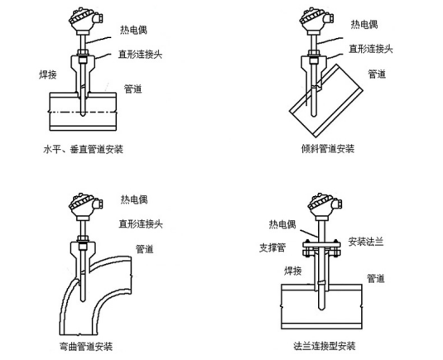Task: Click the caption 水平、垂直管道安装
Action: point(83,149)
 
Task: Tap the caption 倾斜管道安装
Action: point(328,148)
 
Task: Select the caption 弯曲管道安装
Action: point(86,346)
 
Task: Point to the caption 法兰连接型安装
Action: point(325,346)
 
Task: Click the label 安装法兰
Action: point(366,242)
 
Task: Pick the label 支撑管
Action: point(272,247)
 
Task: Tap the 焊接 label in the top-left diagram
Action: point(48,74)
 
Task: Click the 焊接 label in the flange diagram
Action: point(293,271)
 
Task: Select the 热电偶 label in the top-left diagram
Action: point(133,30)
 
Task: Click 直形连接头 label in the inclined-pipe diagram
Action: point(371,49)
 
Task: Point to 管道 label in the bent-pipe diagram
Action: point(144,249)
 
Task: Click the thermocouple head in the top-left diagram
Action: point(84,21)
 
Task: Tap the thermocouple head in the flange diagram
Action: point(324,206)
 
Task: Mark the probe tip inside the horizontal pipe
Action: point(83,115)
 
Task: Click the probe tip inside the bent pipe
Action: point(83,300)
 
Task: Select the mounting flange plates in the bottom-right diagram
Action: point(321,248)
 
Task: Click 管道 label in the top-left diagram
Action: point(132,89)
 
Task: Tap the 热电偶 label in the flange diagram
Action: point(282,224)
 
